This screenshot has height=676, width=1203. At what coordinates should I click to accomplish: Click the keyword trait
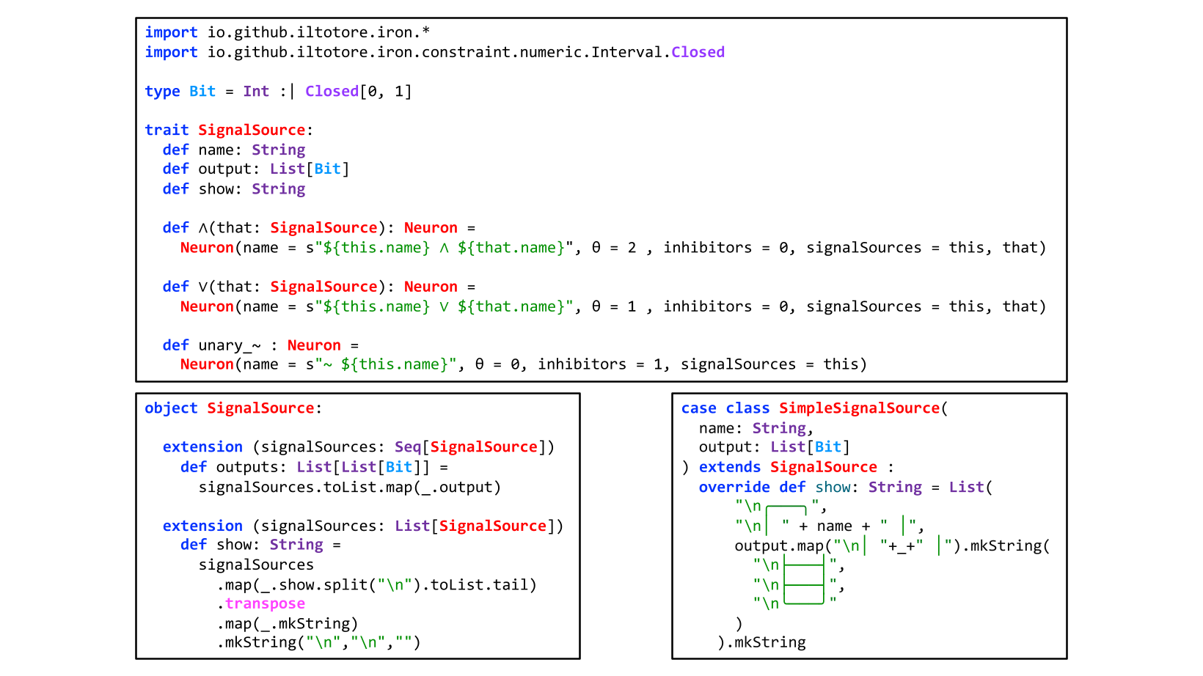[x=167, y=130]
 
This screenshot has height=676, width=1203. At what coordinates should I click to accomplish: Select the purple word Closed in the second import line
[x=698, y=52]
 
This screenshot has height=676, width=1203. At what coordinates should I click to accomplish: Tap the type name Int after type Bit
[x=256, y=91]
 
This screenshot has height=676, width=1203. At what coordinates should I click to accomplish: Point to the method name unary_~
[x=230, y=345]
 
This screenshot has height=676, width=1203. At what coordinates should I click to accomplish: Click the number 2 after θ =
[x=632, y=248]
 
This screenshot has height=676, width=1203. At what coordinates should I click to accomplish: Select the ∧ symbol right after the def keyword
[x=203, y=228]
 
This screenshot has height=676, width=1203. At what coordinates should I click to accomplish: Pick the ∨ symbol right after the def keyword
[x=203, y=287]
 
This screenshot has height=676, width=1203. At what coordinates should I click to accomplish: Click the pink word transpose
[x=265, y=603]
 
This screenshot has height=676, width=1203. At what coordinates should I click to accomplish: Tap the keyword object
[x=171, y=408]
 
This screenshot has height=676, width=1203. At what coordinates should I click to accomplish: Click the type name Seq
[x=408, y=447]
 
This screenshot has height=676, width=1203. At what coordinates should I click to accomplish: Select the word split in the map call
[x=346, y=585]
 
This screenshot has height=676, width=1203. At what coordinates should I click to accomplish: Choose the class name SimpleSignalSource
[x=859, y=408]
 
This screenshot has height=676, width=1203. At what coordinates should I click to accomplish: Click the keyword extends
[x=730, y=467]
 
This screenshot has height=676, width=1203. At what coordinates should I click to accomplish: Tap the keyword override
[x=734, y=487]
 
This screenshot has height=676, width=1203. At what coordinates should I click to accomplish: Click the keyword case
[x=698, y=408]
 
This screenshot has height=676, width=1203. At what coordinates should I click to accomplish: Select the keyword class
[x=747, y=408]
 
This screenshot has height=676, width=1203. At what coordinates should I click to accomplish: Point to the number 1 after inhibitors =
[x=658, y=364]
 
